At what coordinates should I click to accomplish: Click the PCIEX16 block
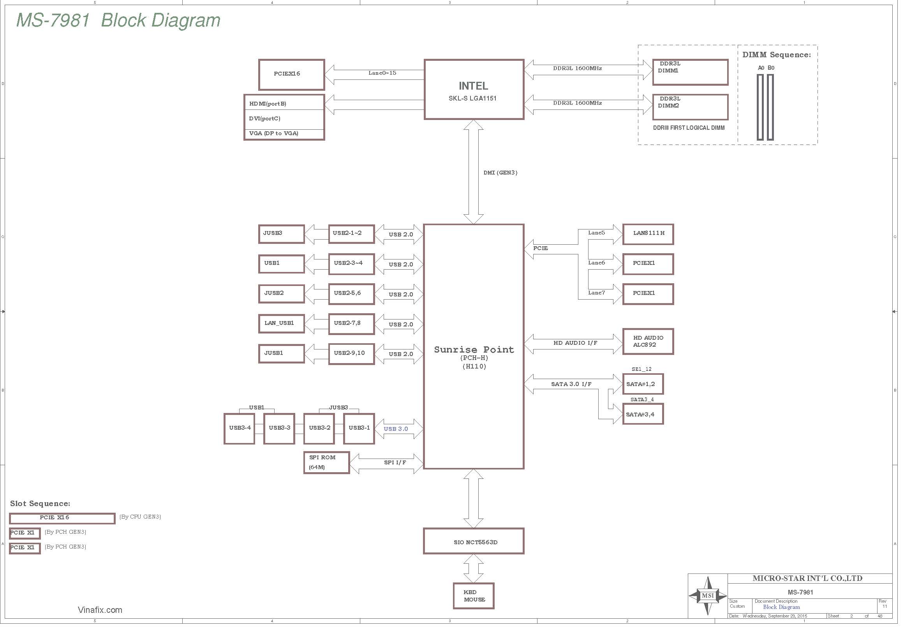pyautogui.click(x=292, y=74)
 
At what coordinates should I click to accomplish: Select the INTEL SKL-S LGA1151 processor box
pyautogui.click(x=474, y=89)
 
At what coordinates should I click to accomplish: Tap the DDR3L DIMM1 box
pyautogui.click(x=691, y=72)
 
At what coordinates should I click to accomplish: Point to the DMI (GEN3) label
pyautogui.click(x=500, y=173)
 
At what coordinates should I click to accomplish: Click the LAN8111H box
pyautogui.click(x=648, y=234)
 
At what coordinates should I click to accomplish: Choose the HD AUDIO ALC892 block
pyautogui.click(x=648, y=341)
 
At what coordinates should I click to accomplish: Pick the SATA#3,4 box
pyautogui.click(x=643, y=414)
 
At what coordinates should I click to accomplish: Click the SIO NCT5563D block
pyautogui.click(x=474, y=541)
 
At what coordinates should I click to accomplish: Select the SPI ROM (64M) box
pyautogui.click(x=326, y=463)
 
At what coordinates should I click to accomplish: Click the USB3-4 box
pyautogui.click(x=239, y=429)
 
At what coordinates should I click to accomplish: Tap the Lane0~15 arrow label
pyautogui.click(x=382, y=73)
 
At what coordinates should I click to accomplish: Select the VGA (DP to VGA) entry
pyautogui.click(x=273, y=133)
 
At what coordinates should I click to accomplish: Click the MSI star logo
pyautogui.click(x=708, y=596)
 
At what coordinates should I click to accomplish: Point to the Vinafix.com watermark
pyautogui.click(x=100, y=610)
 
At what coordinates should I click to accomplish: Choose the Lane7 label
pyautogui.click(x=596, y=293)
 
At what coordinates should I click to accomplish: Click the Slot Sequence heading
pyautogui.click(x=40, y=503)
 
